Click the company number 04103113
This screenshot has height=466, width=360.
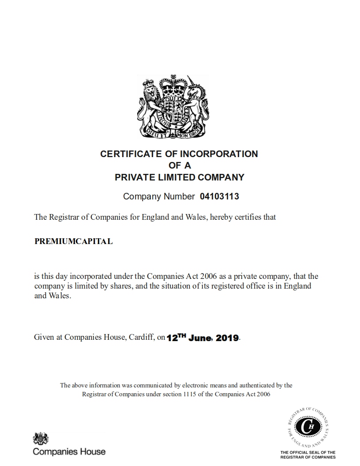point(219,196)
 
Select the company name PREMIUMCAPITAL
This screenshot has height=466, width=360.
point(73,241)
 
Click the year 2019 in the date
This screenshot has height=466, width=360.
point(227,338)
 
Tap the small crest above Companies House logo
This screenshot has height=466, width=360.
point(41,439)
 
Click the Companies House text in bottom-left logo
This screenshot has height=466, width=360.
point(69,451)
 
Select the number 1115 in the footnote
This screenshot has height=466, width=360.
point(188,394)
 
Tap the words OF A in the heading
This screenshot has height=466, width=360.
point(179,165)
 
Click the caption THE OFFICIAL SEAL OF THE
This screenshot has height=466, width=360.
point(308,452)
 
